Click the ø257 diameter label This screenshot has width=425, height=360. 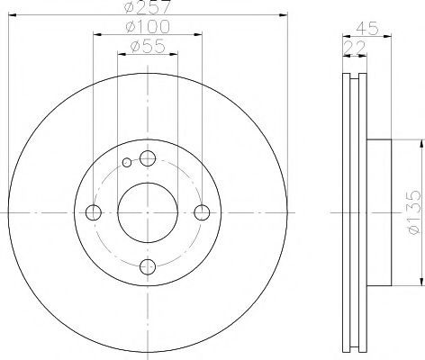[148, 6]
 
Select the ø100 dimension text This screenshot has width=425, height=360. [148, 27]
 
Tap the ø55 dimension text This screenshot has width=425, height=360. [148, 46]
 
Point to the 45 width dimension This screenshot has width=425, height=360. [366, 29]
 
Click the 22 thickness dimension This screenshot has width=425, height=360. [355, 48]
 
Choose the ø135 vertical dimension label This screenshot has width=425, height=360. [415, 212]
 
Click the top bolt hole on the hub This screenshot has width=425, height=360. [148, 158]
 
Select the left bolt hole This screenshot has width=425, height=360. [94, 212]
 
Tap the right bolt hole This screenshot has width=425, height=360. [202, 212]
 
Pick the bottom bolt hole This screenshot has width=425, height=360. [148, 266]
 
